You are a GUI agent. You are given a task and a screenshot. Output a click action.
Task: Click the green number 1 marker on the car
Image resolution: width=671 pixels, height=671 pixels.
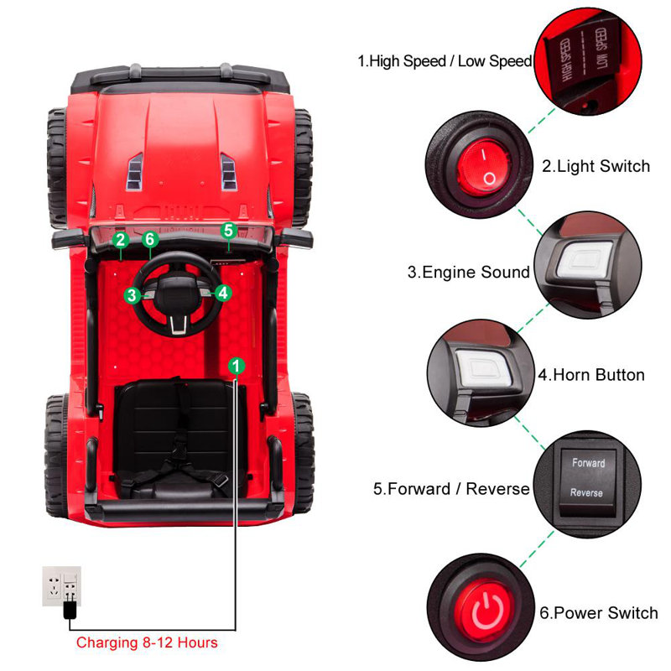click(237, 365)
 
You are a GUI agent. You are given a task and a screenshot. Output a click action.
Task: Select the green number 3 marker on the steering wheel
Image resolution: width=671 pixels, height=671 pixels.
click(132, 294)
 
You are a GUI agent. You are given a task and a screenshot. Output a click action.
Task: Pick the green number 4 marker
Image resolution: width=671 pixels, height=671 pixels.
click(222, 293)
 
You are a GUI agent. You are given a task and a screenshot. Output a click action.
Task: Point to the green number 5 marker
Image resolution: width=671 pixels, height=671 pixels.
click(229, 229)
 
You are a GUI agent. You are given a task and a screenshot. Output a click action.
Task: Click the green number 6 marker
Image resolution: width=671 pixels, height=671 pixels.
click(150, 240)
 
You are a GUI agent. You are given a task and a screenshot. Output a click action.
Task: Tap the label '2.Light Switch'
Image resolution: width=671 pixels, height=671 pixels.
click(596, 166)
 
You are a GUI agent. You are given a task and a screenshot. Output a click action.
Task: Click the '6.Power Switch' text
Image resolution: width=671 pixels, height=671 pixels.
click(599, 613)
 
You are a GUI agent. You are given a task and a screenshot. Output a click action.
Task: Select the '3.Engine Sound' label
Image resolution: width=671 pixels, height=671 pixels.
click(469, 272)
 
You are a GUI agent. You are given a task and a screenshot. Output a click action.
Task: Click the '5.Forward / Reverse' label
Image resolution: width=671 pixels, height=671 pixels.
click(451, 489)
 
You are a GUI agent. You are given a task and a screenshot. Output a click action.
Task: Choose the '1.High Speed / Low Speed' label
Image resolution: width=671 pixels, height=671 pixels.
click(445, 60)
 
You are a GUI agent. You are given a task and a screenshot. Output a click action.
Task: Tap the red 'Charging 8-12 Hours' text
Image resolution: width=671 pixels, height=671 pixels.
click(147, 642)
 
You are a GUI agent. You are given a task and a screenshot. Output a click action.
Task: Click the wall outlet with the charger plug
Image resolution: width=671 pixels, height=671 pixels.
click(62, 585)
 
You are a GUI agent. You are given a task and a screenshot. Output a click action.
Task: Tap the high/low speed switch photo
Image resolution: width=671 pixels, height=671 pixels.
click(591, 58)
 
